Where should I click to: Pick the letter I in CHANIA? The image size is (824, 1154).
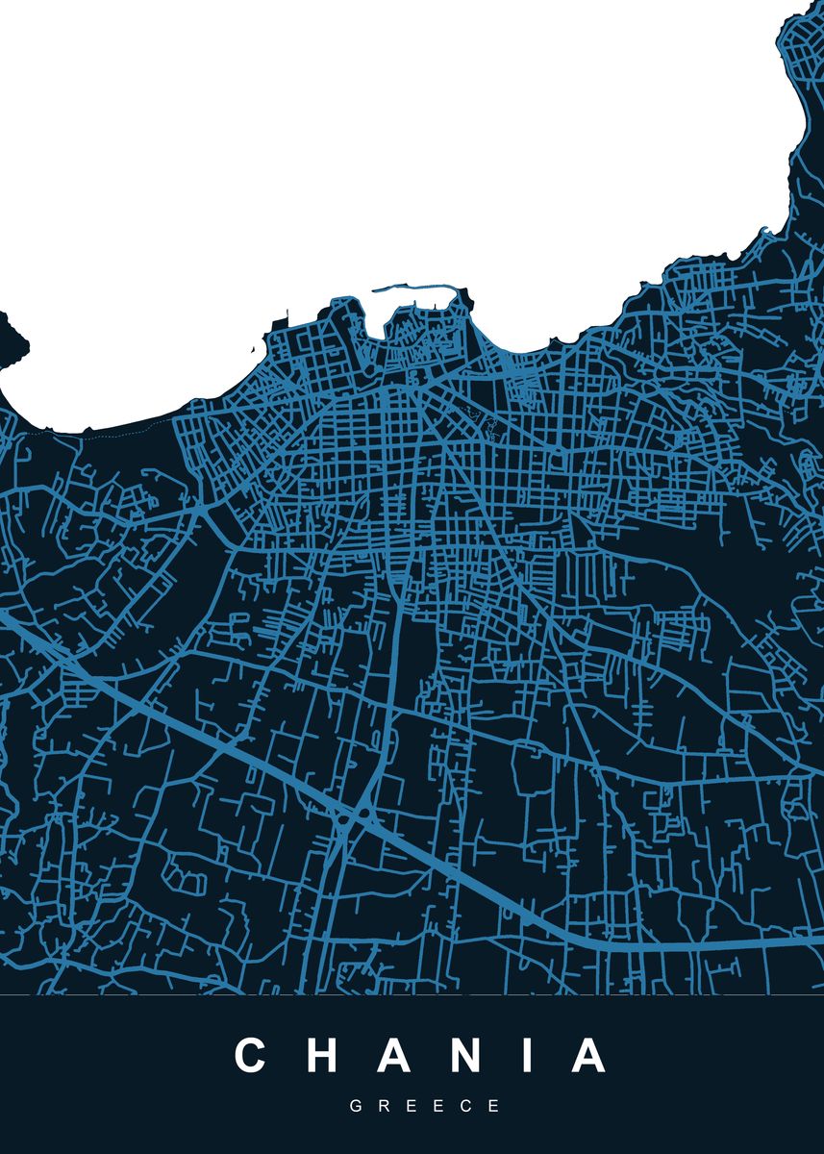point(530,1055)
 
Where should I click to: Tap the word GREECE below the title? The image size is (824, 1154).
point(425,1107)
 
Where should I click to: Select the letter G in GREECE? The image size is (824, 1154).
point(356,1107)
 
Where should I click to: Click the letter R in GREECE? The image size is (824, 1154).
point(384,1107)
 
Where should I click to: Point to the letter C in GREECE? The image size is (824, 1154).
point(467,1107)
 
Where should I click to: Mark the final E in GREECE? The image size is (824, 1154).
point(494,1107)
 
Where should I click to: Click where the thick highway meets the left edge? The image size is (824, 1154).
point(4,616)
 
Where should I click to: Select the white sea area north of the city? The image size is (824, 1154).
point(385,144)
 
